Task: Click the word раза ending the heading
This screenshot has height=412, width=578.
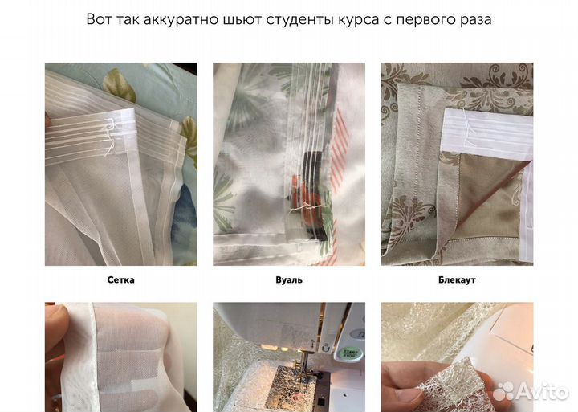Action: [474, 19]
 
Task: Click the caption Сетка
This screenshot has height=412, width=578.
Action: [120, 281]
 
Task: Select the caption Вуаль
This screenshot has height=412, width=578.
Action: [288, 281]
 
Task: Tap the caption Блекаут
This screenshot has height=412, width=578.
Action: [457, 281]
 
